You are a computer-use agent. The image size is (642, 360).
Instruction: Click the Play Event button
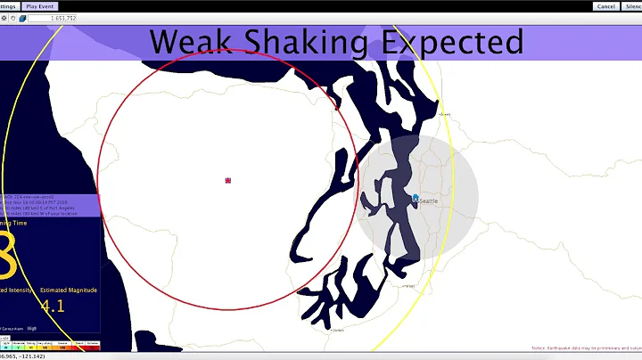point(39,5)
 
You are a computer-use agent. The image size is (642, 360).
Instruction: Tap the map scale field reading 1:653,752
point(52,18)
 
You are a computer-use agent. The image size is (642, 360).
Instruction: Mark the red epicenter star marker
point(228,180)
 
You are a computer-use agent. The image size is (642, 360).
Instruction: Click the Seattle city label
point(429,201)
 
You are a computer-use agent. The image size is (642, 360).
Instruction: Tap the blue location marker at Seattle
point(416,199)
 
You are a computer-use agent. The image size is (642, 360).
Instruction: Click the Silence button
point(632,5)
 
